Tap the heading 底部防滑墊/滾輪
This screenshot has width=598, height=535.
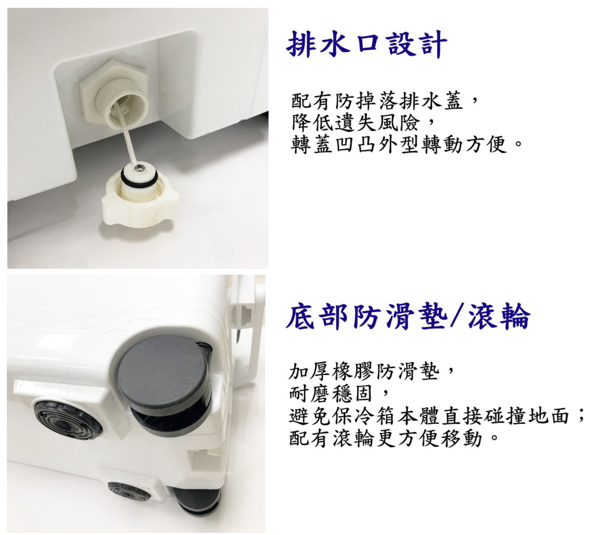point(408,316)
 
